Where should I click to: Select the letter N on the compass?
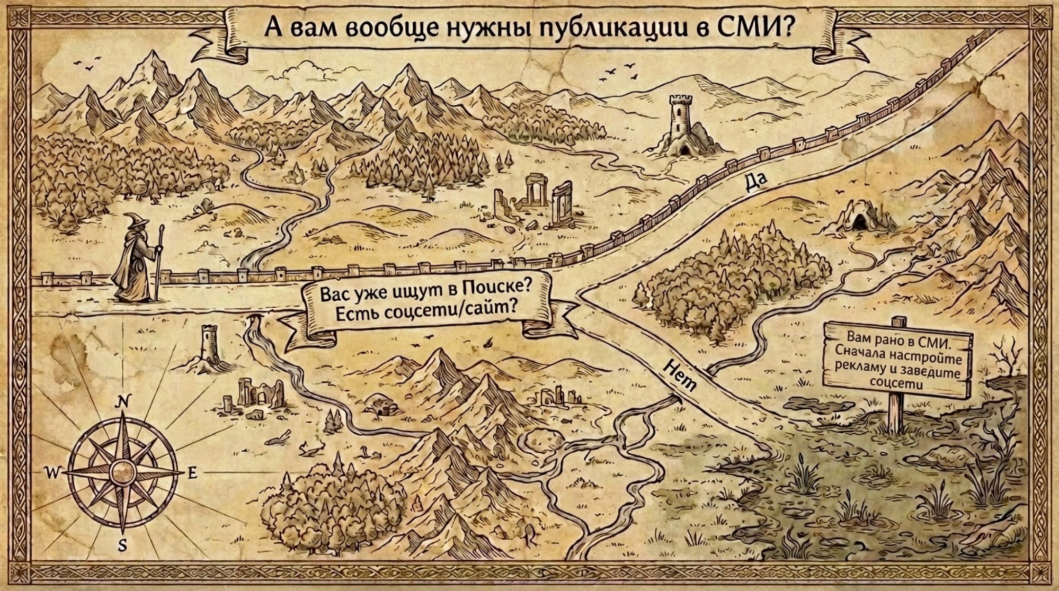coord(122,404)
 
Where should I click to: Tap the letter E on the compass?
coord(192,472)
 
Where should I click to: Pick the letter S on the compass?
coord(123,545)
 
